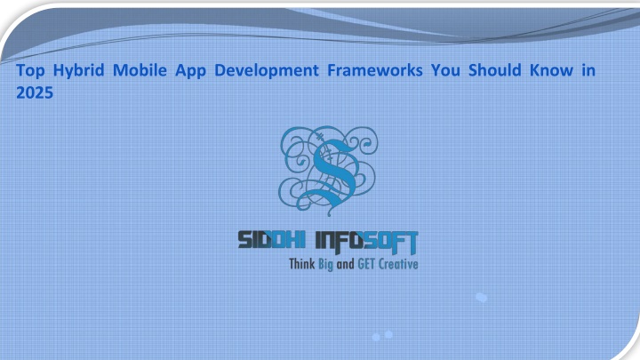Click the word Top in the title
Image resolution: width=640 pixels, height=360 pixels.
pos(30,71)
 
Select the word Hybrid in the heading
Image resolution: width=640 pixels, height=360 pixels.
pos(79,71)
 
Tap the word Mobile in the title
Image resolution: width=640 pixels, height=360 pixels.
pos(140,70)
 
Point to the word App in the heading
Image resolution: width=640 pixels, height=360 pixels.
pos(190,71)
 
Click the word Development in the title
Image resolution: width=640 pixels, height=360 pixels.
pos(267,71)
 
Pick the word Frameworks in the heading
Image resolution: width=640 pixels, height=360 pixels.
pos(375,70)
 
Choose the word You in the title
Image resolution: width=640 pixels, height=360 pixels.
pos(445,70)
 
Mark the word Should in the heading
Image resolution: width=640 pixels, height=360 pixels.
pos(495,70)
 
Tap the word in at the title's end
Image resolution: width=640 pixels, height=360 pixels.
pos(588,70)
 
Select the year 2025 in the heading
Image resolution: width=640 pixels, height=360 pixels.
pos(35,92)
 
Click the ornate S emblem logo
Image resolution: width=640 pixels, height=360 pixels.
pos(328,171)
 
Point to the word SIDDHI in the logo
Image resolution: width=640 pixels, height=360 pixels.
pos(271,240)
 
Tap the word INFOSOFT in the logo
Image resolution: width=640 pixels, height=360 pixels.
pos(367,242)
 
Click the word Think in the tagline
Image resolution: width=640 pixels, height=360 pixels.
pos(302,264)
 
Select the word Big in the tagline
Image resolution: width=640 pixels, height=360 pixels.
pos(325,265)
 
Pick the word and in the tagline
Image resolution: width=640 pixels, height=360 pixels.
pos(345,264)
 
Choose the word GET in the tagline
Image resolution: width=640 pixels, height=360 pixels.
pos(366,264)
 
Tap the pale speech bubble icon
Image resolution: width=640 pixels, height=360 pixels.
pos(482,298)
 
